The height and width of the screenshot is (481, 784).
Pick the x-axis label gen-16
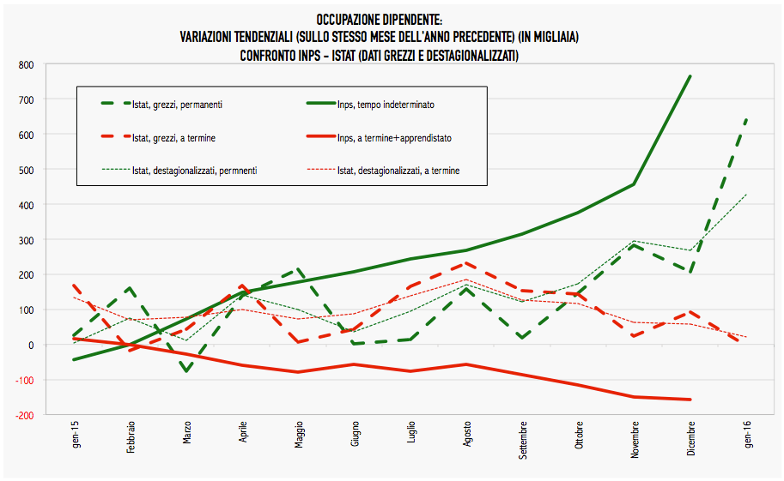coord(746,436)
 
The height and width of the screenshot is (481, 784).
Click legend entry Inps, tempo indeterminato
coord(386,105)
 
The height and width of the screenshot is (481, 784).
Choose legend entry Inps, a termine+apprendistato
coord(394,137)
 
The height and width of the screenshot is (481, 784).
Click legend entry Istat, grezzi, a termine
coord(171,137)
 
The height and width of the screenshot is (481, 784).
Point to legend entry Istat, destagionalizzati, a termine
coord(398,171)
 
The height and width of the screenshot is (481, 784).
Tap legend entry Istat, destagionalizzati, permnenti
coord(195,171)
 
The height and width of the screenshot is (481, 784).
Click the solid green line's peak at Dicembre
coord(690,76)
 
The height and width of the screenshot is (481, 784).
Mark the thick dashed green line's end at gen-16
coord(746,119)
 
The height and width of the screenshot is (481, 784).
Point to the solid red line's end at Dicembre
coord(690,400)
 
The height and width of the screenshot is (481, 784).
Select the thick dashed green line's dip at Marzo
coord(186,371)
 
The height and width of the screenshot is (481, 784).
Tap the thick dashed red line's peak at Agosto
coord(466,263)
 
